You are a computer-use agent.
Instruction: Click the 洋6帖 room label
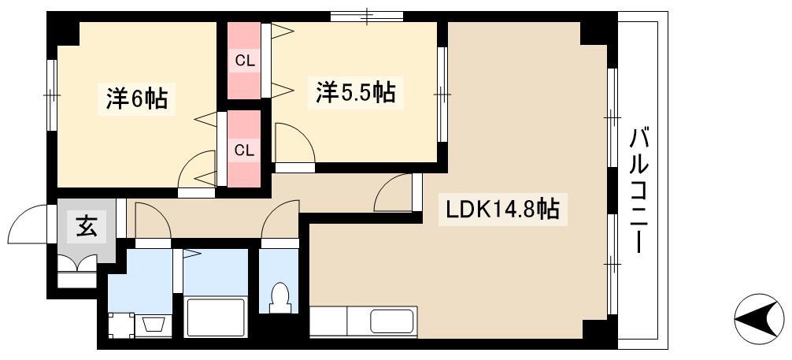pyautogui.click(x=136, y=98)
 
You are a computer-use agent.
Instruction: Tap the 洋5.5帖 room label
pyautogui.click(x=356, y=91)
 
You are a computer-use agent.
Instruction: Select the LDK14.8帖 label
pyautogui.click(x=502, y=208)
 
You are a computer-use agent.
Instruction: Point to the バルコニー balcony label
pyautogui.click(x=638, y=191)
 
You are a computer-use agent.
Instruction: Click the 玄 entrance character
pyautogui.click(x=87, y=226)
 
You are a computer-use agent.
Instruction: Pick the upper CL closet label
pyautogui.click(x=245, y=61)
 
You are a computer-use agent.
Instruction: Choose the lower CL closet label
pyautogui.click(x=245, y=150)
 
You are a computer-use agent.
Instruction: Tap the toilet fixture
pyautogui.click(x=279, y=299)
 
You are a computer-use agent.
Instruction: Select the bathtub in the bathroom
pyautogui.click(x=215, y=317)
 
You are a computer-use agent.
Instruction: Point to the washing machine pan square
pyautogui.click(x=122, y=325)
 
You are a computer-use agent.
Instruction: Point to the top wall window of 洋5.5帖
pyautogui.click(x=367, y=17)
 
